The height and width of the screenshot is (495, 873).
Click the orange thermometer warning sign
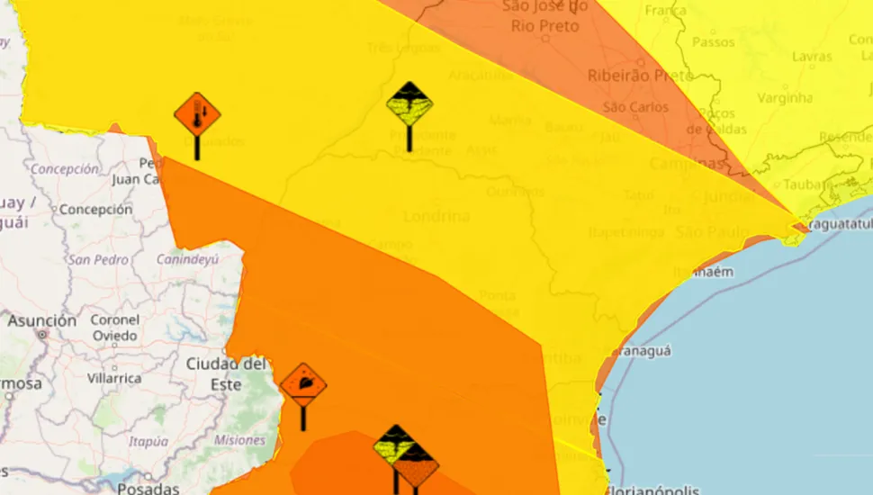point(196,115)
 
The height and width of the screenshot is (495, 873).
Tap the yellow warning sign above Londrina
point(409,105)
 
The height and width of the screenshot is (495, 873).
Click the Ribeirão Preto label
point(641,76)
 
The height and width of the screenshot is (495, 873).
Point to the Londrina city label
point(436,216)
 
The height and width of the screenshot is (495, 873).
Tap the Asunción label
point(42,321)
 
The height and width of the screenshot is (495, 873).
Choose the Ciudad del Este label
point(226,373)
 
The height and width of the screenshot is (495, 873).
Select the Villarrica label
point(114,378)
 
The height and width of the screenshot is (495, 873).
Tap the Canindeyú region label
point(187,259)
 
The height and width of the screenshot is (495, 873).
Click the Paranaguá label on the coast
point(636,351)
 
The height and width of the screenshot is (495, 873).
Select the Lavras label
point(811,56)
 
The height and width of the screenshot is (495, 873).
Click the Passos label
point(713,41)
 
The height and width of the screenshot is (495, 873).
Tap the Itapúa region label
point(148,441)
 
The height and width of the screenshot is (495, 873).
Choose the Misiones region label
point(239,440)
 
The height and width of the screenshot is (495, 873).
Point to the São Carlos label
point(635,107)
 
